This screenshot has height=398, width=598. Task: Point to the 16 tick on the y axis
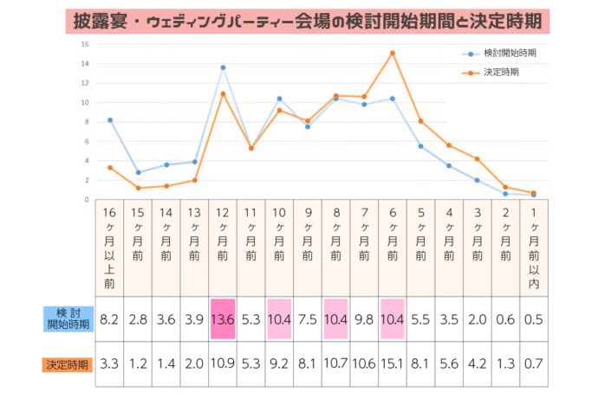pyautogui.click(x=85, y=44)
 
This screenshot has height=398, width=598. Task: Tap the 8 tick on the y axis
pyautogui.click(x=86, y=122)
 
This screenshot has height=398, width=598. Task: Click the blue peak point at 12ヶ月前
pyautogui.click(x=223, y=67)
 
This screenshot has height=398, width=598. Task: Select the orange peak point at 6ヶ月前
pyautogui.click(x=392, y=53)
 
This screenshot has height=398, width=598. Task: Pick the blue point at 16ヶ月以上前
pyautogui.click(x=110, y=120)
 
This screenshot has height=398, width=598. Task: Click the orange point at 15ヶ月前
pyautogui.click(x=139, y=188)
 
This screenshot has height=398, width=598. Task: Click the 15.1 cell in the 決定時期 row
pyautogui.click(x=392, y=363)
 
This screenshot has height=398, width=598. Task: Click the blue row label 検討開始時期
pyautogui.click(x=67, y=318)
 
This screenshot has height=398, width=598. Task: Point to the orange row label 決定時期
pyautogui.click(x=67, y=364)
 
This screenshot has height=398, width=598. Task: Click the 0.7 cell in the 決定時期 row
pyautogui.click(x=533, y=363)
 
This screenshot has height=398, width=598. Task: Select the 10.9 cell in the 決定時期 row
pyautogui.click(x=223, y=363)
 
